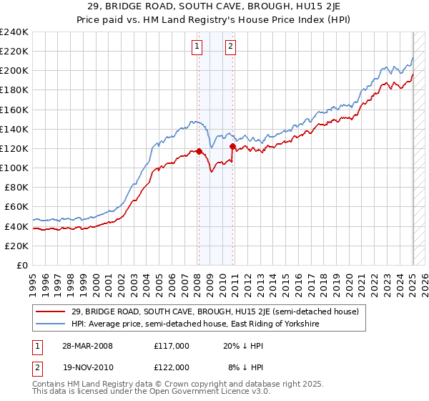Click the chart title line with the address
pos(214,6)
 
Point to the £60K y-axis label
pos(16,207)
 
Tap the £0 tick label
pos(21,265)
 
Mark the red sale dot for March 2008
pos(198,151)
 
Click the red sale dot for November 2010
pos(232,146)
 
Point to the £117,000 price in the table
pos(172,345)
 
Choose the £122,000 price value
pos(172,367)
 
